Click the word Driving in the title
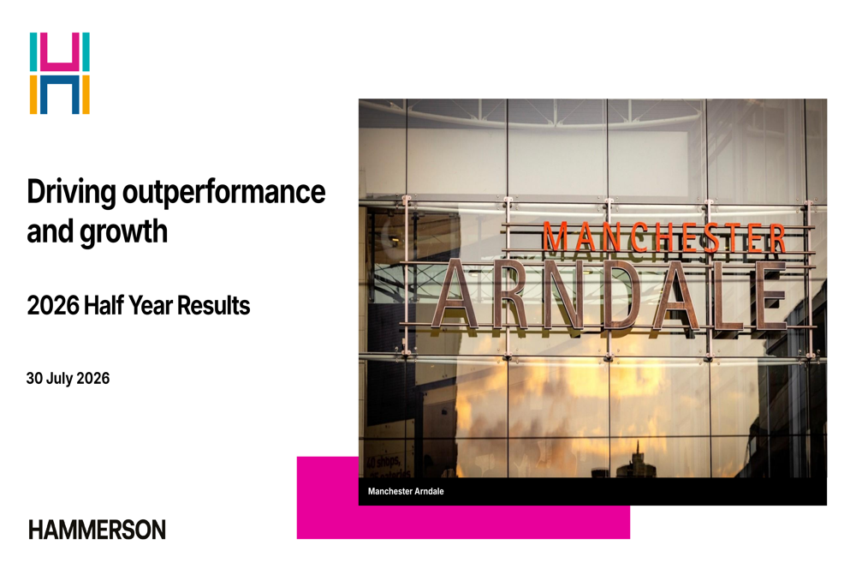(71, 193)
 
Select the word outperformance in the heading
(223, 194)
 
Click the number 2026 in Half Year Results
(53, 306)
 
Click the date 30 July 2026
(68, 378)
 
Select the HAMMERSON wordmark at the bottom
(98, 530)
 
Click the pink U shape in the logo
(60, 52)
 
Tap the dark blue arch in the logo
(60, 94)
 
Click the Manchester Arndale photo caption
(406, 491)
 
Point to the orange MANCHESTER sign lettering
(664, 238)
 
